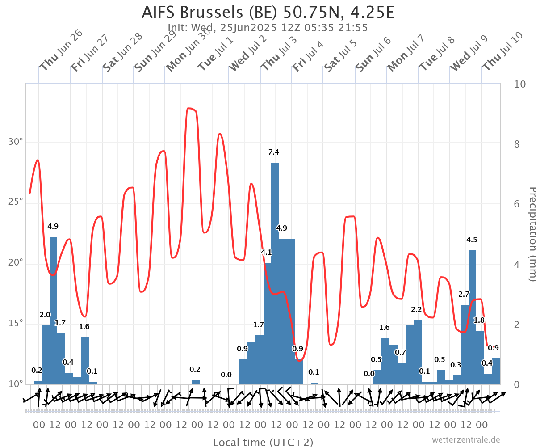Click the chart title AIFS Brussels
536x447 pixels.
click(x=268, y=12)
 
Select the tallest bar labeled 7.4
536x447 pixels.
click(x=275, y=273)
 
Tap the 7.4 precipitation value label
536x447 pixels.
click(x=273, y=152)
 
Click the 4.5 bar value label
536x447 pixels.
click(x=472, y=240)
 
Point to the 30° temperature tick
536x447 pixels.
click(x=16, y=142)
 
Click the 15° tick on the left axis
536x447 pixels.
click(x=16, y=323)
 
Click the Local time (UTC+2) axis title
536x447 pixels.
click(x=263, y=442)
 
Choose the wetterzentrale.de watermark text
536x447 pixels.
click(x=465, y=440)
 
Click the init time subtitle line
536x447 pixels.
click(x=268, y=28)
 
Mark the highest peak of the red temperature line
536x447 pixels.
click(x=191, y=108)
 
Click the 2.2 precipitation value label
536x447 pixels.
click(x=416, y=310)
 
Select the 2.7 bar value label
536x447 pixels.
click(x=464, y=295)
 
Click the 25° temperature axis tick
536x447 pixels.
click(x=16, y=202)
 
